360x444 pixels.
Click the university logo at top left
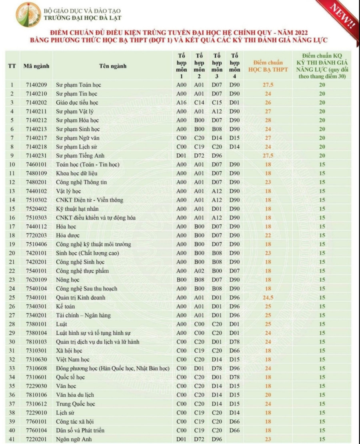pos(28,14)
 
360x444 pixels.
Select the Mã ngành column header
pos(36,66)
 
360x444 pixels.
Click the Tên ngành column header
pos(112,66)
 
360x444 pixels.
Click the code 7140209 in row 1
pos(36,85)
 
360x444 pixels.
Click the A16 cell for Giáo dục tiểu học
pos(181,102)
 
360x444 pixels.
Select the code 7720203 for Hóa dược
pos(36,235)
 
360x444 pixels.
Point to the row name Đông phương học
pos(112,368)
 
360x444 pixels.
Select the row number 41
pos(12,439)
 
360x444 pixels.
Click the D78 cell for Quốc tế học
pos(234,377)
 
